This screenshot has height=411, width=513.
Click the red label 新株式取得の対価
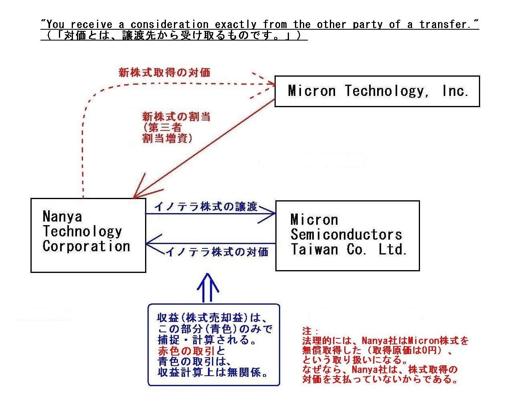click(x=164, y=72)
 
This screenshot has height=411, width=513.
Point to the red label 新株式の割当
click(x=176, y=117)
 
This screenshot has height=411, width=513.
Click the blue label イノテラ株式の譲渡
click(x=206, y=207)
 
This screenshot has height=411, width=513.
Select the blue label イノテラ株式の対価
click(x=217, y=252)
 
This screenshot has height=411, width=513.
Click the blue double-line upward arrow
click(x=208, y=288)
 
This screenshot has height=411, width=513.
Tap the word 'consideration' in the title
click(x=170, y=24)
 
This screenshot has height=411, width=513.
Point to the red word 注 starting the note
click(x=307, y=331)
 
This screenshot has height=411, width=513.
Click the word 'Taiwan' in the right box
click(x=315, y=250)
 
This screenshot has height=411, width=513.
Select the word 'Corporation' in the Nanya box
click(x=87, y=246)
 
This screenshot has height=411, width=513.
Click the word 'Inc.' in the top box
click(x=455, y=91)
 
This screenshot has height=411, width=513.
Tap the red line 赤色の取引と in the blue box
click(x=192, y=351)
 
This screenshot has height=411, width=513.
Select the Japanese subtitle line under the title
click(x=174, y=35)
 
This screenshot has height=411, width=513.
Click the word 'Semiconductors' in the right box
click(x=346, y=234)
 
